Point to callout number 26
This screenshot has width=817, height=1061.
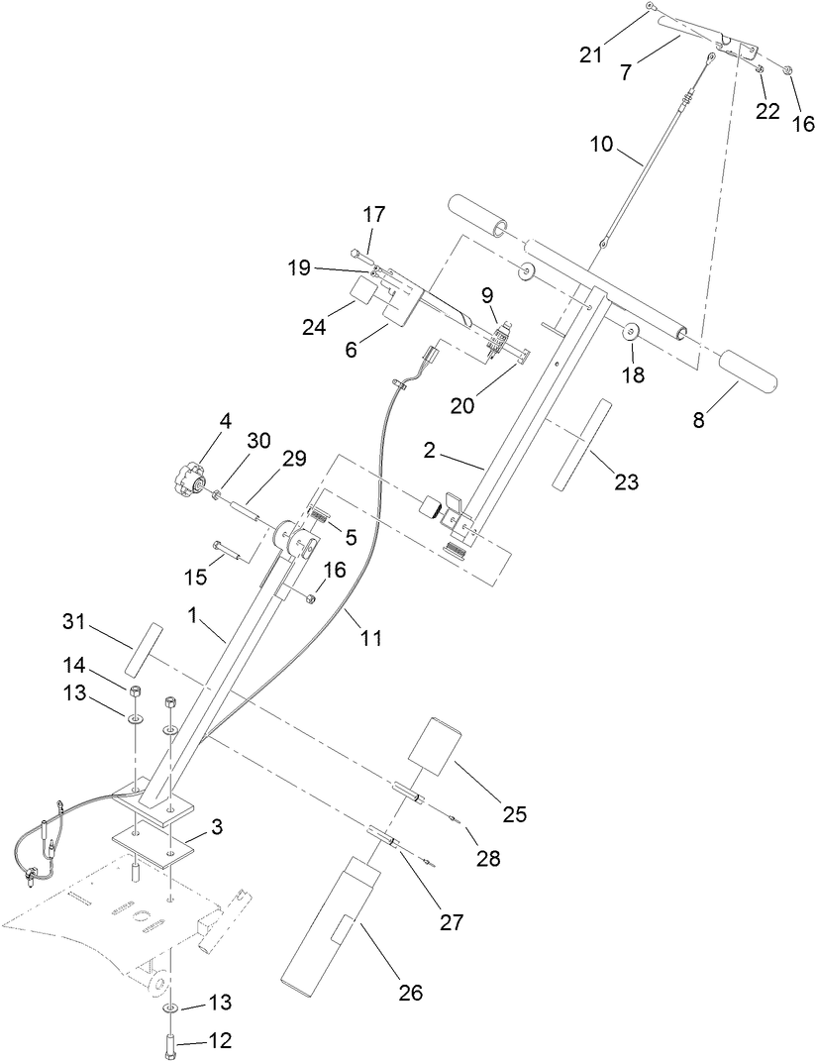(x=409, y=992)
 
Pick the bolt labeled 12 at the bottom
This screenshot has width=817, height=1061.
(x=171, y=1043)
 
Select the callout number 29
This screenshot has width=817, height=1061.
(x=295, y=459)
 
